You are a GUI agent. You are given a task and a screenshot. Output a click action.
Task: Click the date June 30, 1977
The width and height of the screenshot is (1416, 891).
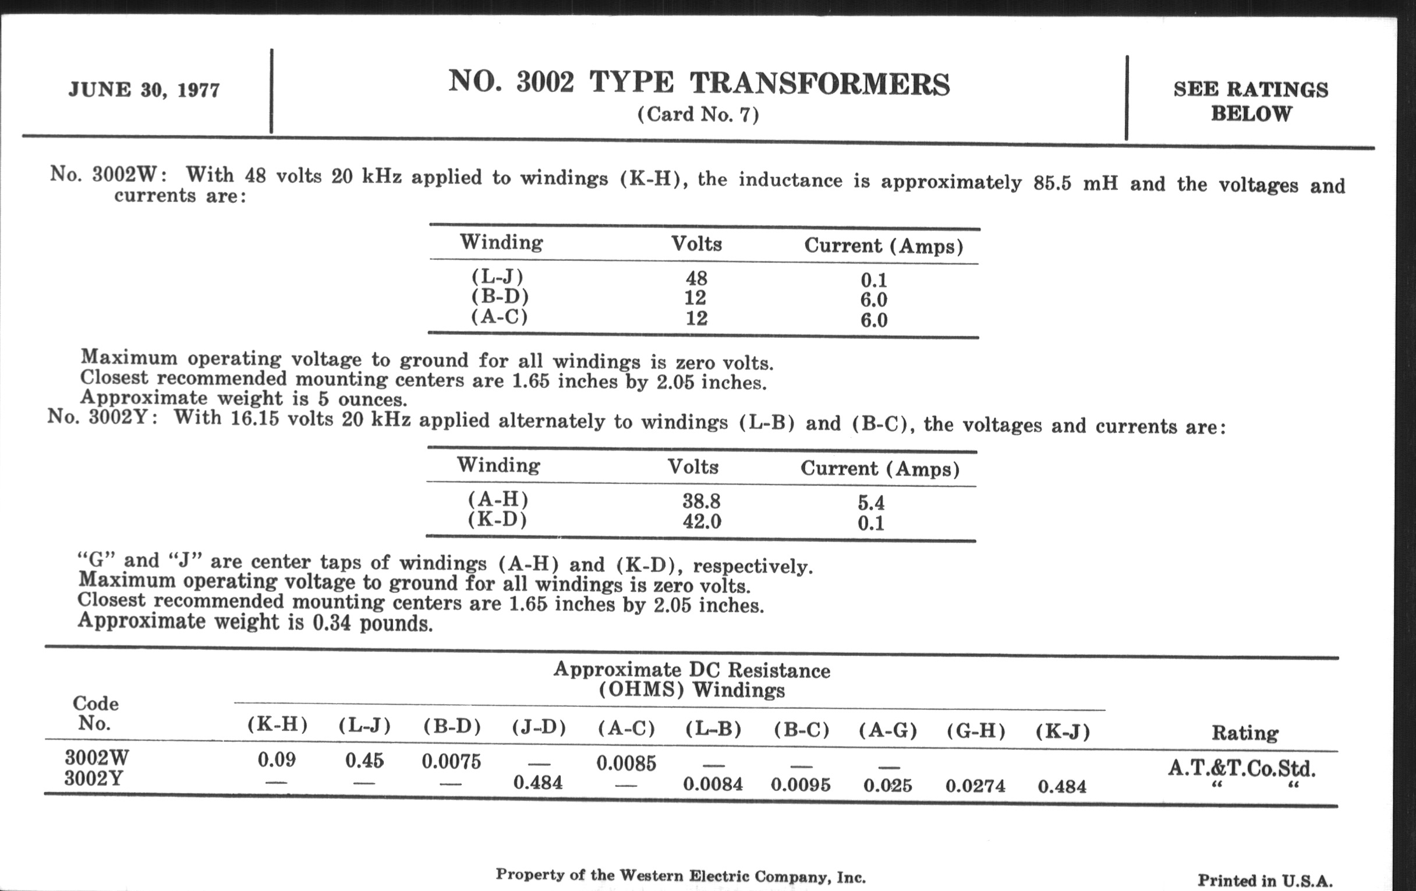coord(144,90)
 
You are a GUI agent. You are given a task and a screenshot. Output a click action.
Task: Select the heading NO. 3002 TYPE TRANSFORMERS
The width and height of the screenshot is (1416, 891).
coord(699,83)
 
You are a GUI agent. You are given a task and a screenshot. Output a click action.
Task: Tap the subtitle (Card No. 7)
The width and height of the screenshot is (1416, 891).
coord(698,114)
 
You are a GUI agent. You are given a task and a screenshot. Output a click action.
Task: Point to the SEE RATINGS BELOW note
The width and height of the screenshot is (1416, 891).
coord(1251,101)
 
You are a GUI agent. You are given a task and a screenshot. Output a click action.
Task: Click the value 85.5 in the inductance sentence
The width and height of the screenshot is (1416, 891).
coord(1052,183)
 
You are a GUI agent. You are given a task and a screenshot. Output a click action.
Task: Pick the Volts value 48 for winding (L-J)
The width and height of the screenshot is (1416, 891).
coord(696,278)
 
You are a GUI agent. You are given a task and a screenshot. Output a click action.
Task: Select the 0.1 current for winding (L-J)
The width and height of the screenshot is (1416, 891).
coord(873,280)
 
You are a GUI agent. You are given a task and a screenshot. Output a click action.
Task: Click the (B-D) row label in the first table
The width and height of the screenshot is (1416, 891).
coord(500,296)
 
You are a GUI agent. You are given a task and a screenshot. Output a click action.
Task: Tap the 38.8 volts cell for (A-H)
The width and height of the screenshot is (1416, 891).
coord(701,501)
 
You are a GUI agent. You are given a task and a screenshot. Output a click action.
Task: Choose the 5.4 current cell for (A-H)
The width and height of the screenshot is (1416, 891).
coord(871,503)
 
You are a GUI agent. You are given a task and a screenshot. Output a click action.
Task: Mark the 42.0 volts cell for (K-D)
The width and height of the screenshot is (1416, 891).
coord(702,521)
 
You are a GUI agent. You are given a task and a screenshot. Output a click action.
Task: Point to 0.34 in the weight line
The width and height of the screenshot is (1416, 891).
coord(331,623)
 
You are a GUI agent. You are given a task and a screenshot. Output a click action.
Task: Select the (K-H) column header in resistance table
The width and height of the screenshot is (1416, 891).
coord(277,724)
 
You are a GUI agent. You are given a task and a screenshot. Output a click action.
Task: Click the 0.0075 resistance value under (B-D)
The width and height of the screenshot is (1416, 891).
coord(451,762)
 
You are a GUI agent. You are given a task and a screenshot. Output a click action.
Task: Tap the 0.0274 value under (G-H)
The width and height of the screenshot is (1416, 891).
coord(975,786)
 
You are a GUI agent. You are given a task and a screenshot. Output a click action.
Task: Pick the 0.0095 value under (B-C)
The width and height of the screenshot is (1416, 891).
coord(801,785)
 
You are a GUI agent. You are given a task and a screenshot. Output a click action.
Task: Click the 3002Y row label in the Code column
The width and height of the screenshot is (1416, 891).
coord(94,779)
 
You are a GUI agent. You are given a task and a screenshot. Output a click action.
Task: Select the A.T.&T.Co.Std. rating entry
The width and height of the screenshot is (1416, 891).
coord(1241,769)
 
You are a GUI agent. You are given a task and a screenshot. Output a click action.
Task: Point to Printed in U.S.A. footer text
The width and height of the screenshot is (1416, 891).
coord(1265,881)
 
